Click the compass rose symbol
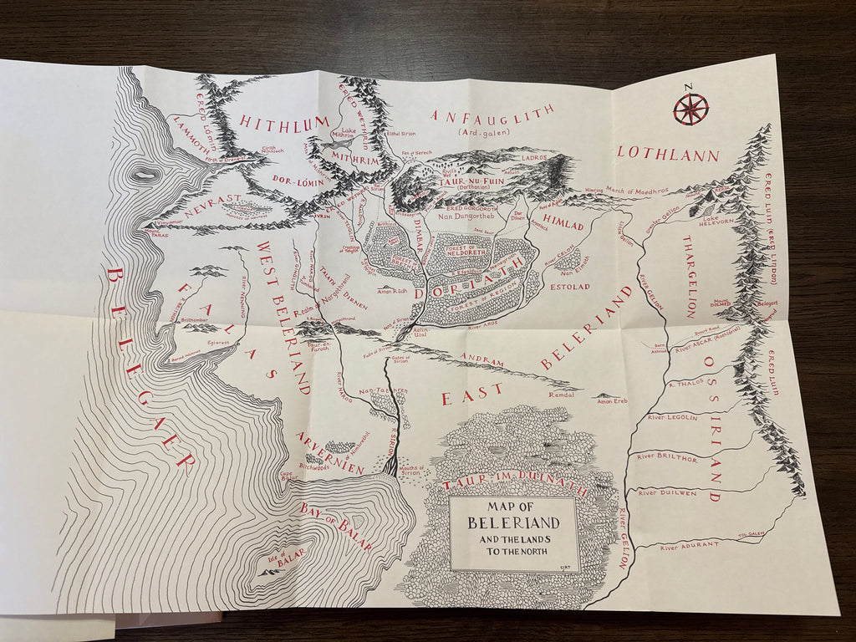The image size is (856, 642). [690, 109]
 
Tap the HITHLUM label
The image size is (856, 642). [284, 122]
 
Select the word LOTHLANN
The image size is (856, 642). [668, 154]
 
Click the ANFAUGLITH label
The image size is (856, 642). [492, 115]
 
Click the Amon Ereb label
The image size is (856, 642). [612, 402]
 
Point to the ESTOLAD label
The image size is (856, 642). [570, 287]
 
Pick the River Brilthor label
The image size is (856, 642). [666, 457]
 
